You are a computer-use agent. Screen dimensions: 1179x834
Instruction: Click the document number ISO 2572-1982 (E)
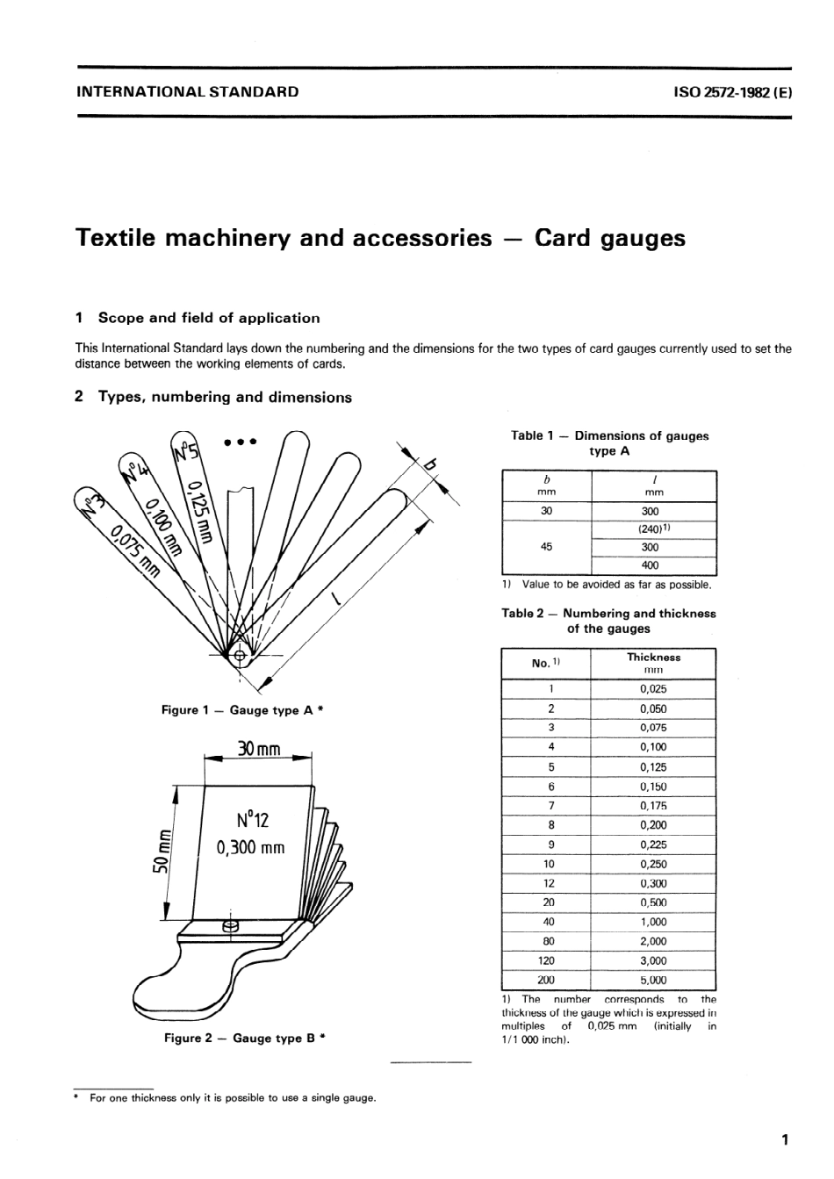[x=732, y=91]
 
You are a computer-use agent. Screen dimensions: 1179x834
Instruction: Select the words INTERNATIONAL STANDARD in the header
[x=188, y=91]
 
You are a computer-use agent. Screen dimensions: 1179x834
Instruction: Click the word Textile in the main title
[x=119, y=239]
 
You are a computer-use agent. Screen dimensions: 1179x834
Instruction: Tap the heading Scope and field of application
[x=208, y=318]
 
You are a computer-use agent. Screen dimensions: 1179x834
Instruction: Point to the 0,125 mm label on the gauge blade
[x=198, y=513]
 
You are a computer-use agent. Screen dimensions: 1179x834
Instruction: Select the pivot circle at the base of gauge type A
[x=240, y=654]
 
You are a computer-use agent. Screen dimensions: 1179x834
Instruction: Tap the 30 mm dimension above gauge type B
[x=258, y=749]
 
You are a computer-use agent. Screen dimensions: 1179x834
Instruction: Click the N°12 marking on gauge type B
[x=252, y=820]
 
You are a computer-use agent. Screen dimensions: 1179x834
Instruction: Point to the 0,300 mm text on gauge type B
[x=250, y=848]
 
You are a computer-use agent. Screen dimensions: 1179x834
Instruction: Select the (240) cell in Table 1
[x=654, y=529]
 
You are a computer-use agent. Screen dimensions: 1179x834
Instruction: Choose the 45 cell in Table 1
[x=546, y=547]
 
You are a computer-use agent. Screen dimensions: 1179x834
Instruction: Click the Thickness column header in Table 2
[x=653, y=657]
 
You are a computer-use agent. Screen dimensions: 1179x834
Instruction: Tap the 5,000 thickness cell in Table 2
[x=653, y=981]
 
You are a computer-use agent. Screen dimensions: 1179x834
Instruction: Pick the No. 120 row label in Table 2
[x=546, y=961]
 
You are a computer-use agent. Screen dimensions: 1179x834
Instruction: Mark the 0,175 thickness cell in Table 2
[x=653, y=806]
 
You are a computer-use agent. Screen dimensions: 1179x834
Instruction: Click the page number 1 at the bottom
[x=785, y=1140]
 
